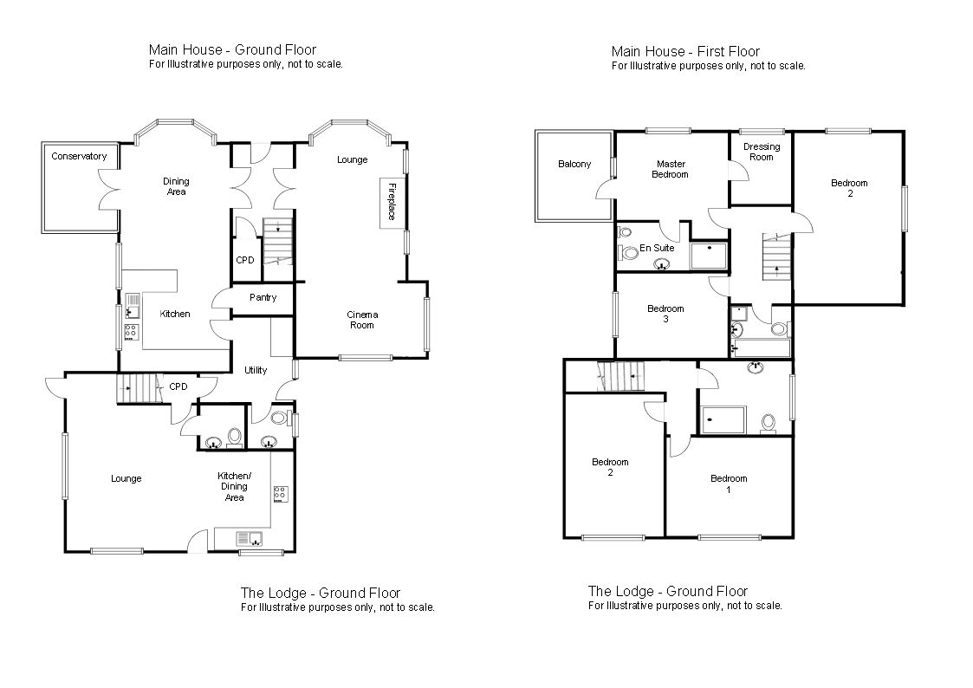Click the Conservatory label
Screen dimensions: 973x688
point(79,156)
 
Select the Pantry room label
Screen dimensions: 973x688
point(263,298)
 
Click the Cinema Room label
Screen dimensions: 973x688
point(362,320)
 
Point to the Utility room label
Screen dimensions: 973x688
point(256,370)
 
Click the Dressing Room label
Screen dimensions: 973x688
point(762,152)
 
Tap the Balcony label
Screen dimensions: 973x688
point(574,165)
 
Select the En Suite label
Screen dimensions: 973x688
point(657,248)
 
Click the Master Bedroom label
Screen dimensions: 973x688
point(671,169)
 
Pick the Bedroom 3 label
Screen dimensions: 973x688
point(665,314)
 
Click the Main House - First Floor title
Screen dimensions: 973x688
point(685,51)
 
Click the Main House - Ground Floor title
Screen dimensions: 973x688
point(233,49)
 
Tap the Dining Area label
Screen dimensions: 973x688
point(176,187)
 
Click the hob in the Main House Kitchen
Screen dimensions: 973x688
point(131,332)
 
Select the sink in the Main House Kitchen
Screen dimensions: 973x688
point(133,306)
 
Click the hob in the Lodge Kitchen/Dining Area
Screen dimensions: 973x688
point(281,494)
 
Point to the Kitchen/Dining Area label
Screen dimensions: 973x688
point(235,486)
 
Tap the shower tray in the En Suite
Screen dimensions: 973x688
point(709,256)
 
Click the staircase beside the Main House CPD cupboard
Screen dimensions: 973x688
point(278,242)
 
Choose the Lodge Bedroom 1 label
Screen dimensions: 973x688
point(730,484)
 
